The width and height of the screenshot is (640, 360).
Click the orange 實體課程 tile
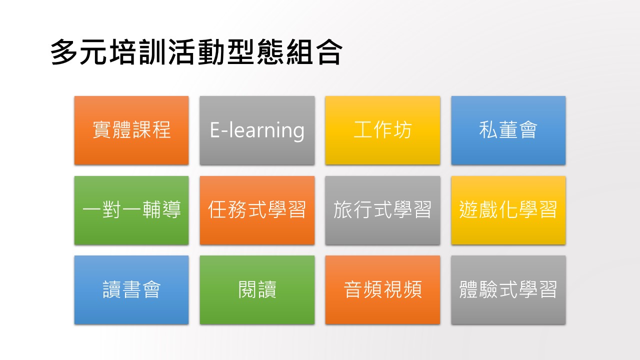(x=131, y=130)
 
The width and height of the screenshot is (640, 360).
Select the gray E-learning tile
(x=257, y=130)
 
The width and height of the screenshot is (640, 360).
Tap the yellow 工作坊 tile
(x=382, y=130)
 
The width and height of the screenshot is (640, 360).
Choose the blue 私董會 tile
(x=508, y=130)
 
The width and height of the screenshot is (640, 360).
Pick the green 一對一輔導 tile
(x=131, y=210)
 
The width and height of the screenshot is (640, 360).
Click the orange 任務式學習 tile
(x=257, y=210)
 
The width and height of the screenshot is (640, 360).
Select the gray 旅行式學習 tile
(x=382, y=210)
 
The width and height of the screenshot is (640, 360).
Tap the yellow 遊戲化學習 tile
(x=508, y=210)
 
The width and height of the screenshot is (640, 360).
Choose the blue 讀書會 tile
(x=131, y=290)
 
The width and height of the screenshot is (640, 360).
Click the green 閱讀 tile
(x=257, y=290)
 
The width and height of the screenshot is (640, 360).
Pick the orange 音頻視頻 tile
(x=382, y=290)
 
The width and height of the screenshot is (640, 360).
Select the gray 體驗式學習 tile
(x=508, y=290)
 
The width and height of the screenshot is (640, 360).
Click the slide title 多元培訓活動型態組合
(x=196, y=52)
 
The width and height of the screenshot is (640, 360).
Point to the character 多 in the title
(x=64, y=52)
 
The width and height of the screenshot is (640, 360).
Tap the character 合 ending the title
(x=329, y=52)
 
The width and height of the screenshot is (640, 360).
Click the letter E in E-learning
(x=215, y=130)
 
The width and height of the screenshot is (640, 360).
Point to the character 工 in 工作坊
(x=363, y=130)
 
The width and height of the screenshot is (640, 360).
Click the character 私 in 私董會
(x=488, y=130)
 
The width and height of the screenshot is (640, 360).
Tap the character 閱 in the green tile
(x=247, y=289)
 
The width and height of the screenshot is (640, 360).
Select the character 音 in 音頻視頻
(x=353, y=289)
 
